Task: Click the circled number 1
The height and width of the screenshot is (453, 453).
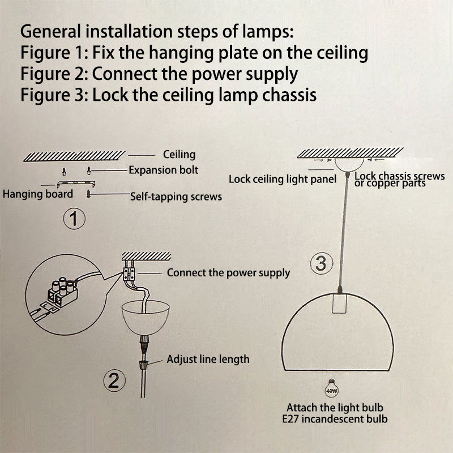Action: coord(74,219)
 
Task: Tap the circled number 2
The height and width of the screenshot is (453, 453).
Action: coord(114,381)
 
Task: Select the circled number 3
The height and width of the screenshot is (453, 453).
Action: coord(320,263)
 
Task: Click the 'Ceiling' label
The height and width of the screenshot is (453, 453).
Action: coord(179,154)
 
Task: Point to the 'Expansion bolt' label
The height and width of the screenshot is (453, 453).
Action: coord(163,170)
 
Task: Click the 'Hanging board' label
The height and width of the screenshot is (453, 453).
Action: coord(38,194)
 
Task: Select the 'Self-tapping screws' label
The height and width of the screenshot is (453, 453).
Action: coord(176,196)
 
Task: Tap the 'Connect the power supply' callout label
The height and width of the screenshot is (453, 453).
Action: coord(228,273)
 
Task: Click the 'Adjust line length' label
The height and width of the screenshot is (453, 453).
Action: coord(208,359)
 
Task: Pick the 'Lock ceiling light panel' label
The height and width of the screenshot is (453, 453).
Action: coord(283,179)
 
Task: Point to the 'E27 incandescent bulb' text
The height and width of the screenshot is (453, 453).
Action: coord(338,419)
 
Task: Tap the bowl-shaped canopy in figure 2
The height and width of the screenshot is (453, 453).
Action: coord(145,320)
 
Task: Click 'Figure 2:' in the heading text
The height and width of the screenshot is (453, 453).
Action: coord(54,74)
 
